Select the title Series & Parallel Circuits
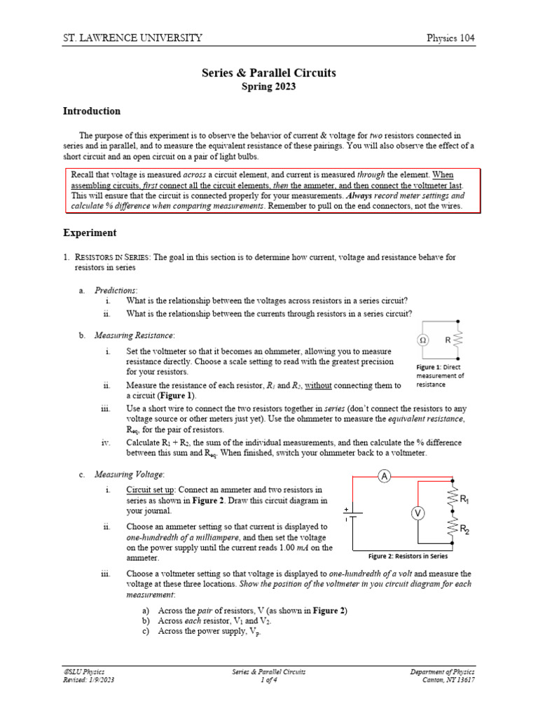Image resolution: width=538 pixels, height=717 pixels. (269, 72)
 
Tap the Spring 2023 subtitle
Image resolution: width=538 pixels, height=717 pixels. (269, 86)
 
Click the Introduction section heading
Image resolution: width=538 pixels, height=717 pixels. (92, 111)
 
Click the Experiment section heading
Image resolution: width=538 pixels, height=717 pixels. (90, 232)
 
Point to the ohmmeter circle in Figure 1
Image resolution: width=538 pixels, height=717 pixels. (423, 340)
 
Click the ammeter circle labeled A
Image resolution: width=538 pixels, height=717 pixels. (384, 477)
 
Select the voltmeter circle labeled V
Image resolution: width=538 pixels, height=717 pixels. (418, 514)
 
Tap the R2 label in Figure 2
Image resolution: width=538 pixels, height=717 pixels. (464, 531)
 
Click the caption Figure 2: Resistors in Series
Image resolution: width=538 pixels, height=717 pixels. (408, 556)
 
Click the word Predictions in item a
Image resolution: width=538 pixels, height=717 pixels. (116, 289)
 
